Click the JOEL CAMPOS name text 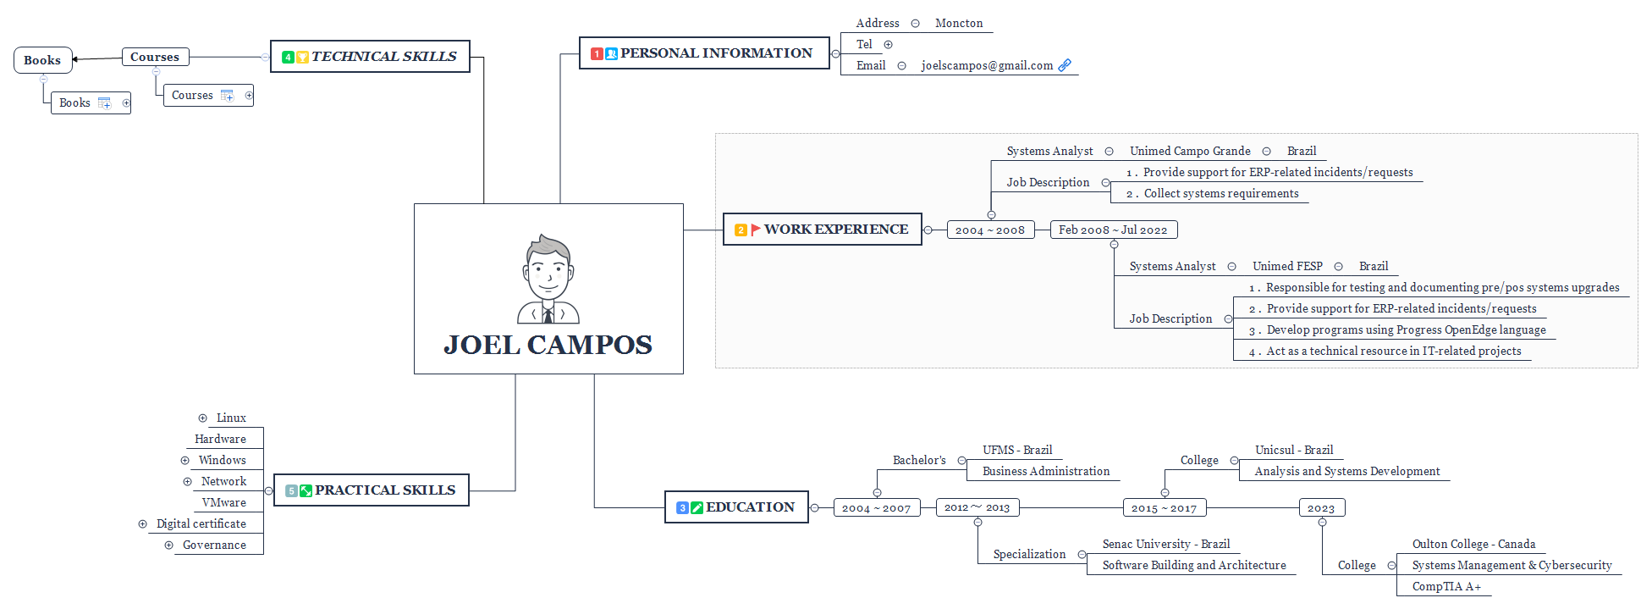[x=548, y=345]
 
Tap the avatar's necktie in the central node [x=548, y=315]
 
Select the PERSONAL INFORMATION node [x=704, y=53]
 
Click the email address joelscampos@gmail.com [x=987, y=66]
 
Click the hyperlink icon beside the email [x=1065, y=65]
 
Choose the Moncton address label [x=959, y=24]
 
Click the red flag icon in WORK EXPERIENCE [x=755, y=230]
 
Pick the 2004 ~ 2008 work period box [x=990, y=230]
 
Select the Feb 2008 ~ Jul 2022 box [x=1113, y=230]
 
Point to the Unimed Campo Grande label [x=1190, y=152]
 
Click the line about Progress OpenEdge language [x=1406, y=330]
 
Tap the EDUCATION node [x=736, y=507]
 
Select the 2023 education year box [x=1321, y=508]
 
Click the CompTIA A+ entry [x=1446, y=587]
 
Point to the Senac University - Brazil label [x=1165, y=545]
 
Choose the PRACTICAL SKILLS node [x=372, y=490]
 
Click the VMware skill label [x=224, y=503]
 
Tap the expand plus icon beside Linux [x=202, y=418]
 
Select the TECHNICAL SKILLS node [x=370, y=57]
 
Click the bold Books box [x=42, y=61]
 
